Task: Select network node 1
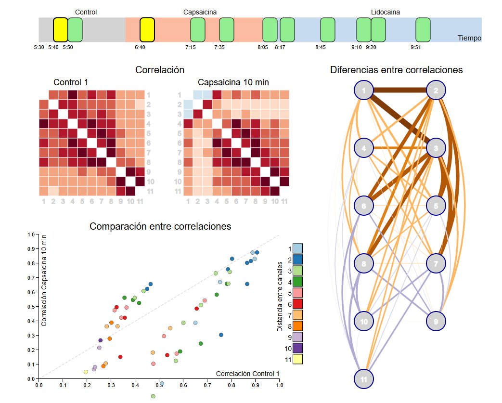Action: coord(364,90)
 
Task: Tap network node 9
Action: coord(436,321)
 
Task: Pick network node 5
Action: coord(436,206)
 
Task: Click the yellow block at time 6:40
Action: coord(147,30)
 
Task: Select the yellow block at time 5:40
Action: coord(60,30)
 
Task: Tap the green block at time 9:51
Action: coord(423,30)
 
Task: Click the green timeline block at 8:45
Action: coord(327,30)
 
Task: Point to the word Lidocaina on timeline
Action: coord(386,12)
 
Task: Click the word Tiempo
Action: coord(469,38)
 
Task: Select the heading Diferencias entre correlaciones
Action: coord(396,70)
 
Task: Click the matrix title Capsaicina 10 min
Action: coord(233,82)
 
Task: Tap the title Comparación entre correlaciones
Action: coord(160,226)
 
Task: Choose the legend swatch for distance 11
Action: coord(297,359)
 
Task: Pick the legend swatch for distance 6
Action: coord(297,303)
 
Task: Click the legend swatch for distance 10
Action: coord(297,348)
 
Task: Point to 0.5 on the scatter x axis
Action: coord(159,385)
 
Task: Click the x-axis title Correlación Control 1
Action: coord(247,373)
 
